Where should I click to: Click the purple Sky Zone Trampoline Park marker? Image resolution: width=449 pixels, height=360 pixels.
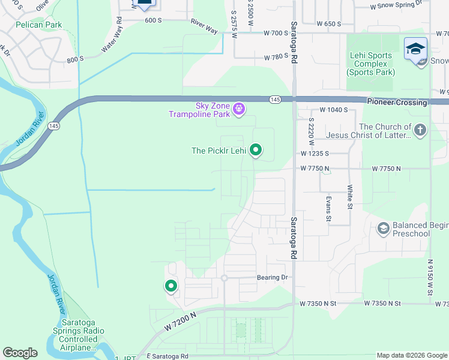pyautogui.click(x=239, y=109)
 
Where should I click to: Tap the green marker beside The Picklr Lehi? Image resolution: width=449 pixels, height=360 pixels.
pyautogui.click(x=256, y=150)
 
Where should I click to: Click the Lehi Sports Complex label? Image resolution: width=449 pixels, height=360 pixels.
pyautogui.click(x=370, y=64)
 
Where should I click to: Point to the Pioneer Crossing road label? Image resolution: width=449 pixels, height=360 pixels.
pyautogui.click(x=397, y=103)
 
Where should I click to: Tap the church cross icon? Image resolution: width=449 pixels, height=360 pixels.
pyautogui.click(x=420, y=130)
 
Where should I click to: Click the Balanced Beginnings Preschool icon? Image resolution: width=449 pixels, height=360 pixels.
pyautogui.click(x=383, y=229)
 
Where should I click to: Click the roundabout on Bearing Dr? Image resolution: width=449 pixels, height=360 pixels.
pyautogui.click(x=224, y=278)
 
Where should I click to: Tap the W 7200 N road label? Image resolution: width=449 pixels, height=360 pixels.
pyautogui.click(x=179, y=323)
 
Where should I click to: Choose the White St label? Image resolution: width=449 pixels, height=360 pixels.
pyautogui.click(x=349, y=197)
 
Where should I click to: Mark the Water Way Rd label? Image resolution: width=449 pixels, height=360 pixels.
pyautogui.click(x=111, y=35)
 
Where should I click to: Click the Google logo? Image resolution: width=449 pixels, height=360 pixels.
pyautogui.click(x=20, y=353)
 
